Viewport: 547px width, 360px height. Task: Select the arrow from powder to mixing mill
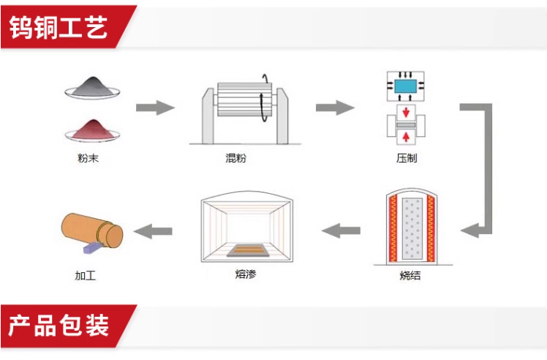[x=155, y=108]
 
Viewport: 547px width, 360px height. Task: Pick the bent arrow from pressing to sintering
[x=479, y=168]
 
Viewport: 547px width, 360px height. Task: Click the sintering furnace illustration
[x=410, y=229]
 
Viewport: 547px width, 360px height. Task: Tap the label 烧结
[x=410, y=277]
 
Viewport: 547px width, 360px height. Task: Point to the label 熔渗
[x=246, y=275]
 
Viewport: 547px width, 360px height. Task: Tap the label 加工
[x=85, y=276]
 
